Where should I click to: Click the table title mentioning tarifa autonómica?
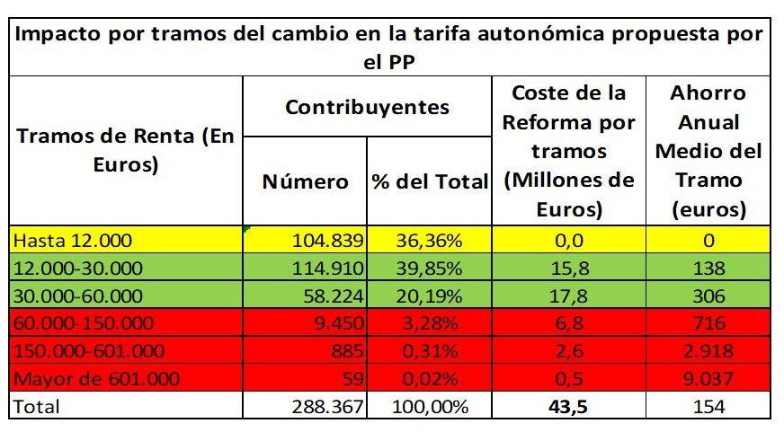(x=391, y=49)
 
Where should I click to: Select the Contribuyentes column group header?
(x=367, y=108)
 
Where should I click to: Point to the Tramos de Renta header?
(x=126, y=151)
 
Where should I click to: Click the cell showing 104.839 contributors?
(x=328, y=241)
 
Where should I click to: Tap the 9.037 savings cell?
(x=709, y=379)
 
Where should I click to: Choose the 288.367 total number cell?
(x=325, y=407)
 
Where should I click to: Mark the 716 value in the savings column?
(x=709, y=324)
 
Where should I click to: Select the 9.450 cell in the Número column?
(x=339, y=324)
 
